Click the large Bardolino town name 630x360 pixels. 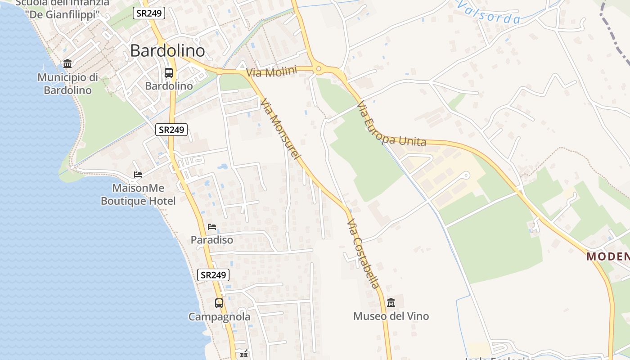167,51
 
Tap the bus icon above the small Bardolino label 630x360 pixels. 169,72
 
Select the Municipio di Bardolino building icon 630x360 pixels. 67,63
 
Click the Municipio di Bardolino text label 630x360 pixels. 67,84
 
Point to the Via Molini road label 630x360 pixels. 271,72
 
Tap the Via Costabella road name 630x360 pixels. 364,254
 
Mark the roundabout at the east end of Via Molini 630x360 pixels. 319,69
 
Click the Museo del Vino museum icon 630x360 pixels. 391,302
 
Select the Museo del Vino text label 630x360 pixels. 391,316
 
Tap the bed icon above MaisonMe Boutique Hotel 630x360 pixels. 138,174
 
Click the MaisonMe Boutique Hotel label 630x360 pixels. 138,194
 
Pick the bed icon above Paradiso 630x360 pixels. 212,226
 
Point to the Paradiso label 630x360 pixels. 212,240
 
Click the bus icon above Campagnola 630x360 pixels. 219,303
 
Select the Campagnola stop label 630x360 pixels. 219,317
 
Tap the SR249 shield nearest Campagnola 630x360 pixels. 213,275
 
